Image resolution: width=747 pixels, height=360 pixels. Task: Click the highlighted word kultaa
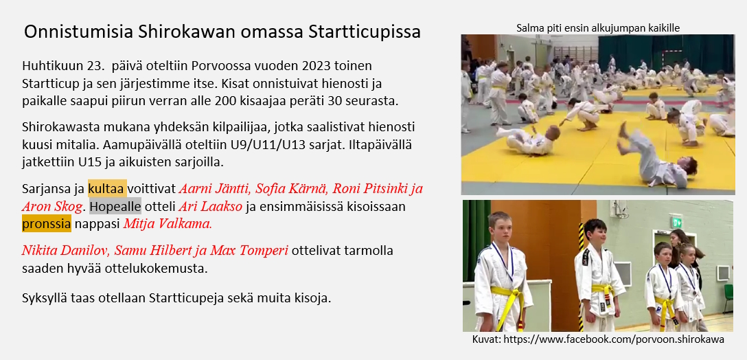point(107,188)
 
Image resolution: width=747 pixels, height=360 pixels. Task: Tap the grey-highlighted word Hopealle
point(115,207)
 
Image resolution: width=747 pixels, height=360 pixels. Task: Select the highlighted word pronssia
point(46,224)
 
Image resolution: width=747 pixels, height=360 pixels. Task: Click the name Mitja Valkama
point(168,224)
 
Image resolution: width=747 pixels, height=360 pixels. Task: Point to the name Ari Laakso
point(210,207)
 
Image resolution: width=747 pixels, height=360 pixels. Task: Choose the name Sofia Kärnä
point(292,188)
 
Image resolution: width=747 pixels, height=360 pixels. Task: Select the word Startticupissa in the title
point(365,32)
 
